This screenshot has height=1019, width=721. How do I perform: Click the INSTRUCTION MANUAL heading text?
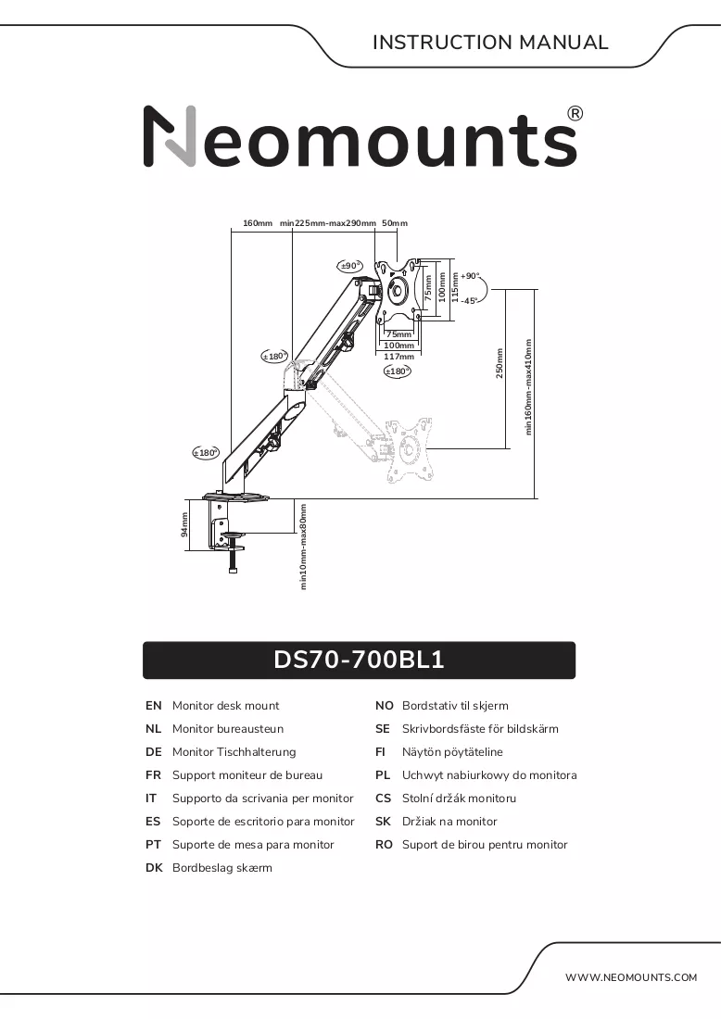[490, 43]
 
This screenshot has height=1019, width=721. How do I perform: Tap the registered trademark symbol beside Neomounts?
[576, 114]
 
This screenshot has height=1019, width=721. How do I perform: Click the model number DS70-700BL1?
[359, 660]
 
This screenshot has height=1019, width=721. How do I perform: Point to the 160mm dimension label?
[258, 223]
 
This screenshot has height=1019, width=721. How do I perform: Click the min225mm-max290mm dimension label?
[328, 223]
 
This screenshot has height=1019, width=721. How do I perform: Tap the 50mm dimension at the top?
[395, 223]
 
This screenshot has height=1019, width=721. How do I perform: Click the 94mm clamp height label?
[184, 524]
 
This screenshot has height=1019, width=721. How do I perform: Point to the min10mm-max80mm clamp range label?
[303, 547]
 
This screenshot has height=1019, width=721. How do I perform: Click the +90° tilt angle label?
[470, 276]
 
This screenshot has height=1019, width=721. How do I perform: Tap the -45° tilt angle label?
[469, 300]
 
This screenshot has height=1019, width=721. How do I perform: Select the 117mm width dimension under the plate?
[398, 356]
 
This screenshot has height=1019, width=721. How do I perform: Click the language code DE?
[154, 752]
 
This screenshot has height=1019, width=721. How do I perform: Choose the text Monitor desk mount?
[225, 706]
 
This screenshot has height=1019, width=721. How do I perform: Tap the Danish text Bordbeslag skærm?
[222, 868]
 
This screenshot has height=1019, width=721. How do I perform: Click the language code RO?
[385, 845]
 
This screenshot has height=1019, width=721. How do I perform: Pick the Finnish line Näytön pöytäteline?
[452, 752]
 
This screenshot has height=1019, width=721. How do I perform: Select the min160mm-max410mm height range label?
[528, 386]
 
